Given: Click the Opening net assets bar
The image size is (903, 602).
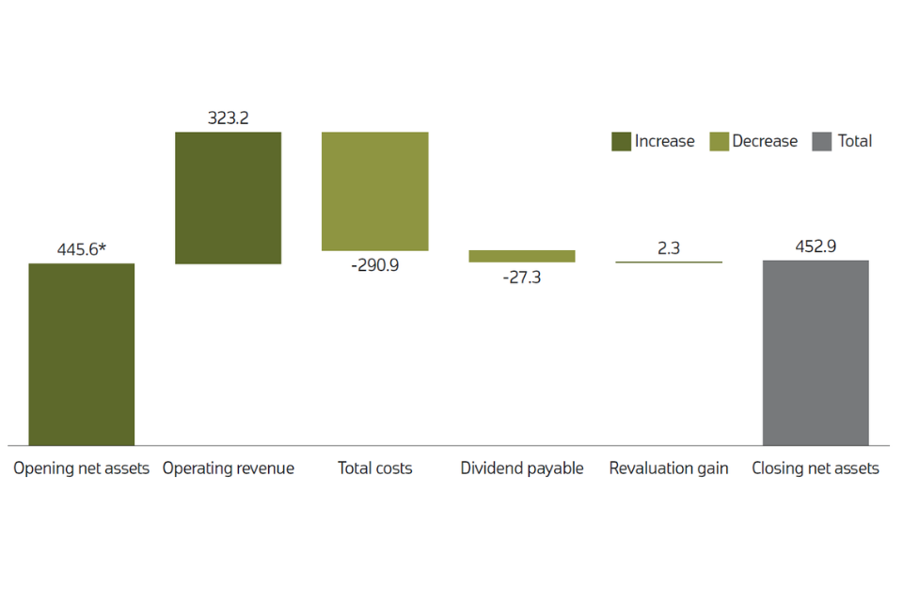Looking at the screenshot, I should (82, 354).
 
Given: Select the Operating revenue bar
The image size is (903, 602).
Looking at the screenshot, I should (228, 198).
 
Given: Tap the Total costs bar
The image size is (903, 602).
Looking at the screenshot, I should (374, 191).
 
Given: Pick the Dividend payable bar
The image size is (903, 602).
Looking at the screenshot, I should (522, 256).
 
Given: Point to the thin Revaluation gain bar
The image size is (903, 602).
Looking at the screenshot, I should (669, 261).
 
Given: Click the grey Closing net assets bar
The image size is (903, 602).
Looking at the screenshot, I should (816, 352).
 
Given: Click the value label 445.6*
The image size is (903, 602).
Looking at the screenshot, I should (82, 250).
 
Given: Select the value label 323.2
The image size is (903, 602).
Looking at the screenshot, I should (228, 119).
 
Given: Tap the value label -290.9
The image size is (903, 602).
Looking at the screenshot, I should (374, 265).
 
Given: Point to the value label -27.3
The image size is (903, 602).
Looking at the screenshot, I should (522, 277).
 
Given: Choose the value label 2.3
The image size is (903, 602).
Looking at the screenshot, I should (669, 249).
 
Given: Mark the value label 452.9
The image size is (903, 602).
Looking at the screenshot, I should (816, 247).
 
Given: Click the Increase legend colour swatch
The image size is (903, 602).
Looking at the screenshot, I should (621, 142).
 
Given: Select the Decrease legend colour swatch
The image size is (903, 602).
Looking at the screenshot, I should (719, 142).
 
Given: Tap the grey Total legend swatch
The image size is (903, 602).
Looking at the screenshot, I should (822, 142).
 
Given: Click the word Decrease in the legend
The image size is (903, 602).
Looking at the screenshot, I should (765, 142).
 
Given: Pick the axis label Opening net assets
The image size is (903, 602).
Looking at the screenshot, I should (82, 468).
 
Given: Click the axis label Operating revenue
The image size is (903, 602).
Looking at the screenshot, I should (228, 468).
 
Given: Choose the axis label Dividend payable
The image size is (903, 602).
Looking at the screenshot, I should (522, 468).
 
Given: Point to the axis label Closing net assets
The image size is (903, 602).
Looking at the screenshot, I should (816, 468).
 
